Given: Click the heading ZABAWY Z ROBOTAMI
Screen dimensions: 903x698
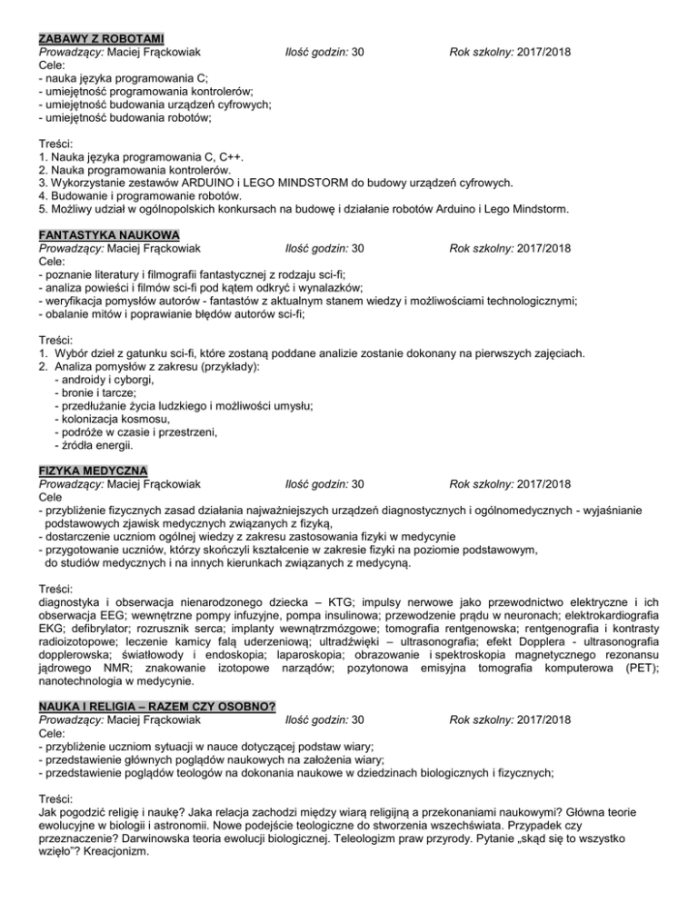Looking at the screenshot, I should [x=101, y=38].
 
